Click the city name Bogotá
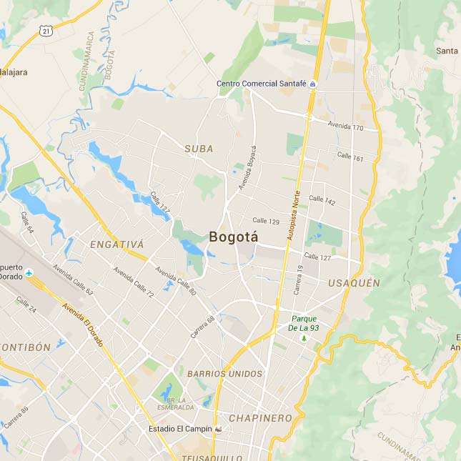[x=234, y=237]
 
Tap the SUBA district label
[x=199, y=149]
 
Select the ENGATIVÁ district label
[x=117, y=244]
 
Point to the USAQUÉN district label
[x=354, y=283]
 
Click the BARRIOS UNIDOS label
[x=224, y=373]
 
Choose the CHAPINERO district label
[x=260, y=417]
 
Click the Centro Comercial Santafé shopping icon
[x=312, y=84]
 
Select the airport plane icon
[x=29, y=273]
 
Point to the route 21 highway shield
[x=46, y=31]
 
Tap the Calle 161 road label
[x=350, y=158]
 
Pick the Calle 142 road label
[x=322, y=202]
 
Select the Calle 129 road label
[x=265, y=222]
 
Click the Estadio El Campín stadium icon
[x=219, y=429]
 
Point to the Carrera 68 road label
[x=202, y=327]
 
